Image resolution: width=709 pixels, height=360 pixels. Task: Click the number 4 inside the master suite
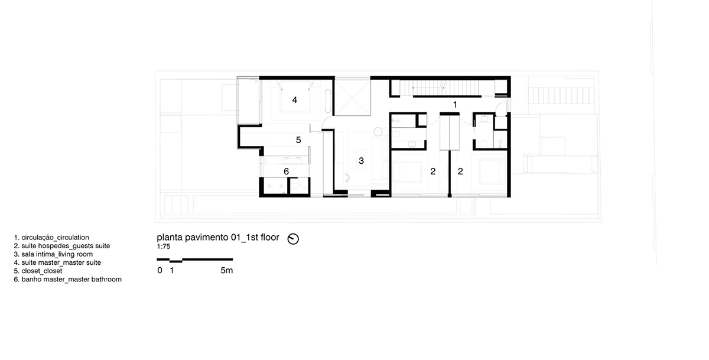[x=295, y=100]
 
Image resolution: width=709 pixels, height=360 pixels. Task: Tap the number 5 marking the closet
[x=298, y=140]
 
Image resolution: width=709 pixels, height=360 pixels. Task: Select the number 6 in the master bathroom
[x=286, y=171]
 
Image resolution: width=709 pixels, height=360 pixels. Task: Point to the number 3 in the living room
[x=361, y=161]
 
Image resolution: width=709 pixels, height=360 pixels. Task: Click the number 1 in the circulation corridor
[x=455, y=105]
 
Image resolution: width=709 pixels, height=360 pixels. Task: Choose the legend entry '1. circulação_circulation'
[x=51, y=238]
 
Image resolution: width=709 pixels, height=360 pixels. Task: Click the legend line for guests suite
[x=62, y=246]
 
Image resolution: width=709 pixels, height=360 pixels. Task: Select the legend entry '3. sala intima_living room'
[x=54, y=254]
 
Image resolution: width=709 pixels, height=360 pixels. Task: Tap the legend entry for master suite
[x=58, y=263]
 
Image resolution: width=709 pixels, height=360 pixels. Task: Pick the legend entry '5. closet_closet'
[x=38, y=271]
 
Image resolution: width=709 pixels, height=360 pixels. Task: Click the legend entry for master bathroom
[x=68, y=280]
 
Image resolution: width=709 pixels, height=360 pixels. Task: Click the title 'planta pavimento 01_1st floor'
[x=218, y=238]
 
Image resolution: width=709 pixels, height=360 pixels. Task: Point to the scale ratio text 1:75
[x=164, y=247]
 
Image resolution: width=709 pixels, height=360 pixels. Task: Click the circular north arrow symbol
[x=293, y=239]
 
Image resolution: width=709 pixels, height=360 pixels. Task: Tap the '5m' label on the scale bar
[x=227, y=270]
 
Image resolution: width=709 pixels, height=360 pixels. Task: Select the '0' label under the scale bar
[x=160, y=270]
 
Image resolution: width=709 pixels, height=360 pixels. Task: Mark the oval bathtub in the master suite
[x=329, y=101]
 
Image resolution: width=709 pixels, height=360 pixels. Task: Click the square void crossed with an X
[x=353, y=97]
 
